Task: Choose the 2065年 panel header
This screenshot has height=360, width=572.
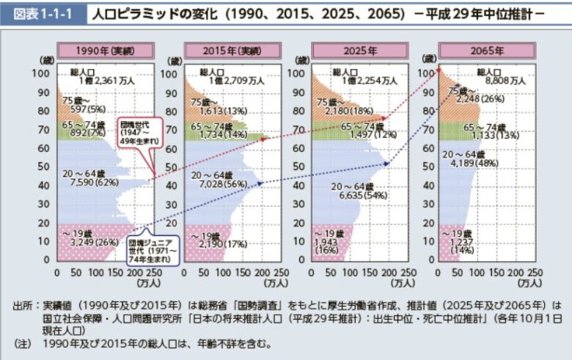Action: [486, 51]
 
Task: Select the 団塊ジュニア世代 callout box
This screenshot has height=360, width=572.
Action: [149, 249]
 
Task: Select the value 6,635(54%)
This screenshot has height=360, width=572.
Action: [357, 196]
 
